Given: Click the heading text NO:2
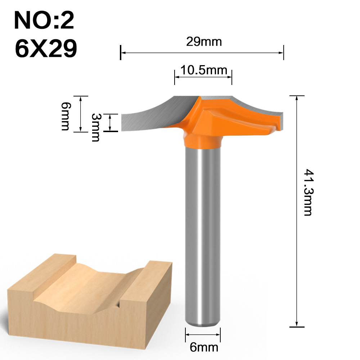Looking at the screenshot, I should coord(44,21).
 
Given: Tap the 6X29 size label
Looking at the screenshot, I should coord(46,48).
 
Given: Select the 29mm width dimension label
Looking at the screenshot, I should coord(204,42).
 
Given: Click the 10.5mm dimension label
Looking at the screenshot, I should coord(204,69).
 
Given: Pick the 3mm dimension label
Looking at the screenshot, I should coord(95,127).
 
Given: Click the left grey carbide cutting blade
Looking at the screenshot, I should coord(151,115).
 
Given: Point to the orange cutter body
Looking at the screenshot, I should coord(216,115).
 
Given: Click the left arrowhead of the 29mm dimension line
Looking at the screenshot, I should coord(122,53).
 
